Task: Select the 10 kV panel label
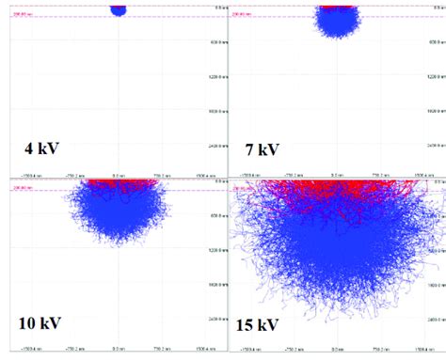[x=40, y=323]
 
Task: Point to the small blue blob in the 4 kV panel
[x=118, y=9]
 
